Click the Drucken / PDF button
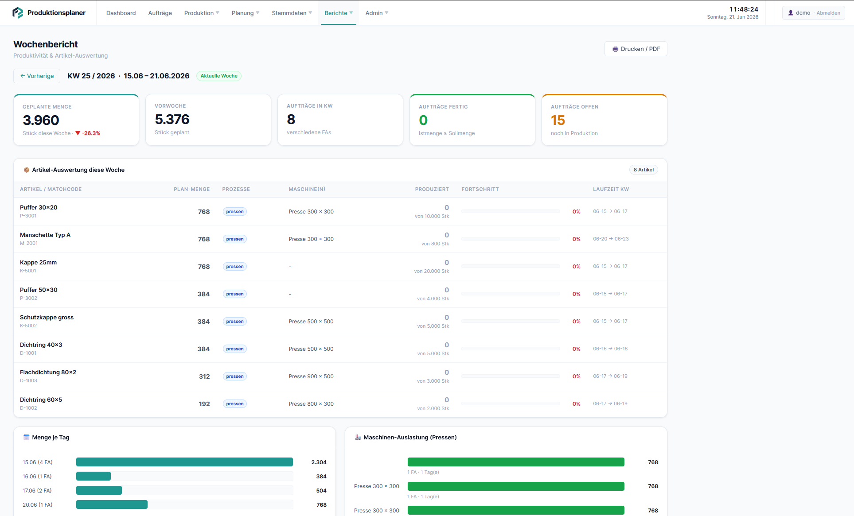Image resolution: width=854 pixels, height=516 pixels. click(636, 49)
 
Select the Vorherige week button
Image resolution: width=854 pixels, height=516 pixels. click(37, 76)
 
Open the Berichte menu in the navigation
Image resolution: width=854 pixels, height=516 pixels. click(339, 13)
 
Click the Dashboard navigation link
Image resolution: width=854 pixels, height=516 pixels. click(121, 13)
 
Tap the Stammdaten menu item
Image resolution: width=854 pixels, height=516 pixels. click(292, 13)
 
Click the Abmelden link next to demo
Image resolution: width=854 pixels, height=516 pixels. click(828, 13)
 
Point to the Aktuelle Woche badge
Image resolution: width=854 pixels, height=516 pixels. click(219, 76)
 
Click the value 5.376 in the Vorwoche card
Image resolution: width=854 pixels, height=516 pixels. click(172, 119)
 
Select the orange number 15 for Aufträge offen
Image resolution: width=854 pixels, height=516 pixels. click(558, 120)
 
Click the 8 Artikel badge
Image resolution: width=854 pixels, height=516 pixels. click(643, 170)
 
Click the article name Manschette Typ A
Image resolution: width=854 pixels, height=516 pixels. click(45, 235)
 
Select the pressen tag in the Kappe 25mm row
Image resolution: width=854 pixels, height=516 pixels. click(235, 267)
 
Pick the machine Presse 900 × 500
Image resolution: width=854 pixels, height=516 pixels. click(311, 376)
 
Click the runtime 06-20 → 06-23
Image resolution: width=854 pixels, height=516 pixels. click(611, 239)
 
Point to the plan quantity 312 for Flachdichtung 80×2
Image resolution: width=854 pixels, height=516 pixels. click(204, 376)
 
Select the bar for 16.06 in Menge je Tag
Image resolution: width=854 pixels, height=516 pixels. click(94, 476)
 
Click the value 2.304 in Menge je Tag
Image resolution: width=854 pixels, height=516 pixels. click(319, 462)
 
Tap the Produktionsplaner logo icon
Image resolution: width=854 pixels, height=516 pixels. click(18, 13)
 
